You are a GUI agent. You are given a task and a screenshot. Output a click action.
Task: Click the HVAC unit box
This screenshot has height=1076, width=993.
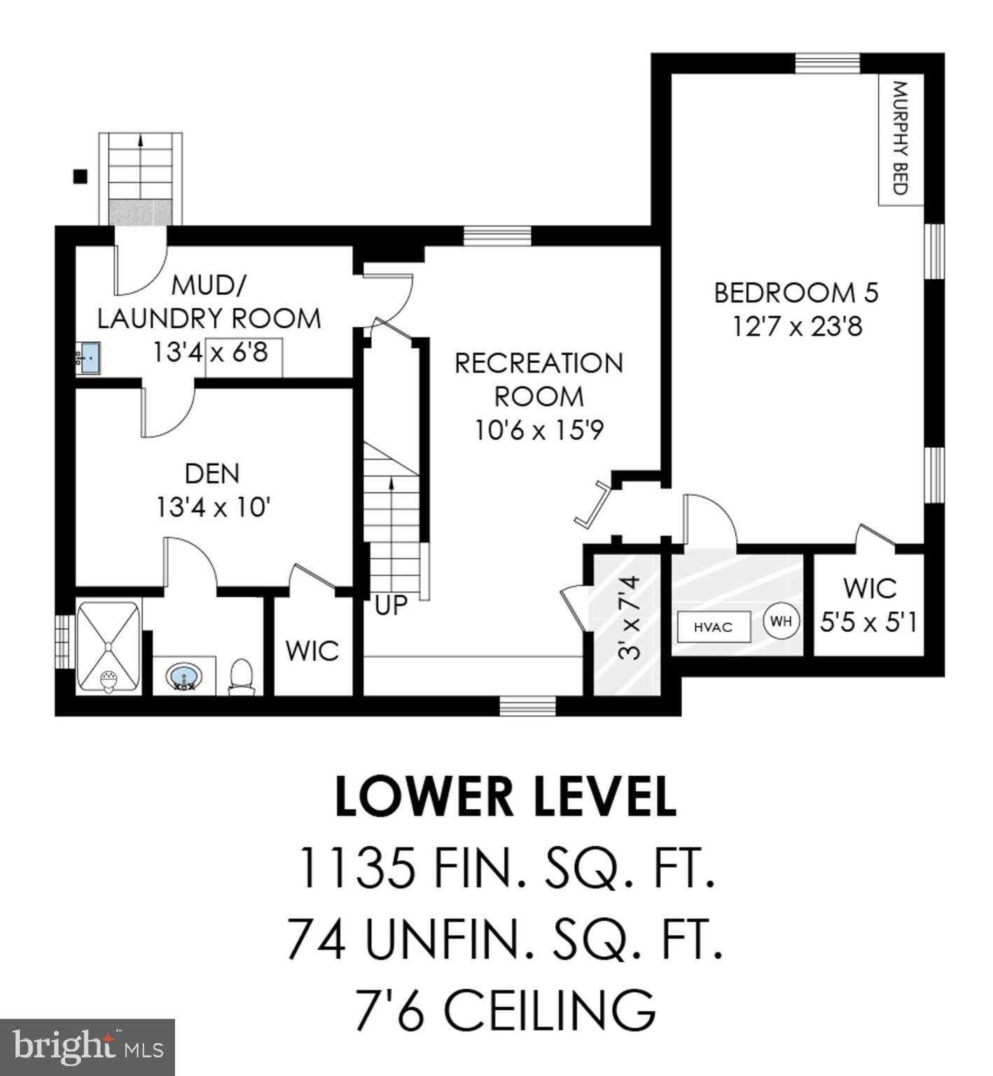[x=713, y=627]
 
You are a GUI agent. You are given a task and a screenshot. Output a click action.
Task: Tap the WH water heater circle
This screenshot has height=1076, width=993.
[x=781, y=621]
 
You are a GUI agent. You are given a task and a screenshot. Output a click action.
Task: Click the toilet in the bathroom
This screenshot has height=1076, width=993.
[x=242, y=676]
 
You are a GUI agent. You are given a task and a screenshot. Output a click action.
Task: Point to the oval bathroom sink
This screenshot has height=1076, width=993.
[x=183, y=677]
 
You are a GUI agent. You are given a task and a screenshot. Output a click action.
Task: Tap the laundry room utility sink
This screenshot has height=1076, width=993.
[x=88, y=358]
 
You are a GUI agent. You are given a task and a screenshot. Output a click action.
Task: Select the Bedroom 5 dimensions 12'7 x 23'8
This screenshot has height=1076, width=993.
[x=797, y=326]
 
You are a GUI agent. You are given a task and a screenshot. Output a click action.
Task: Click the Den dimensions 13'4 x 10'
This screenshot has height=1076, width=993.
[x=213, y=506]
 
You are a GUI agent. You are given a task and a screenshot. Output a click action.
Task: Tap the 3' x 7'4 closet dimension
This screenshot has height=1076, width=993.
[x=630, y=618]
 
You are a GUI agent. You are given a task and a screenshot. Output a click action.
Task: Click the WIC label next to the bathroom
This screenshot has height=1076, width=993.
[x=312, y=651]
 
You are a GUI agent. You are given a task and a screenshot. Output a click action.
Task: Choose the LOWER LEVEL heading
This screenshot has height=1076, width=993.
[x=506, y=797]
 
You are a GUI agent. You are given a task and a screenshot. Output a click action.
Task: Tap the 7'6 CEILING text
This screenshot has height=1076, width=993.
[x=506, y=1009]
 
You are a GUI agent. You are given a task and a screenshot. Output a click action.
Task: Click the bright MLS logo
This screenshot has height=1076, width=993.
[x=87, y=1047]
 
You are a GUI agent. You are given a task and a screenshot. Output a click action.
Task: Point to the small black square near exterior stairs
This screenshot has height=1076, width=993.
[x=81, y=177]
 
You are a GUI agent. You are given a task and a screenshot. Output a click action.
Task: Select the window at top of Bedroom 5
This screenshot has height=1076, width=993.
[x=827, y=63]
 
